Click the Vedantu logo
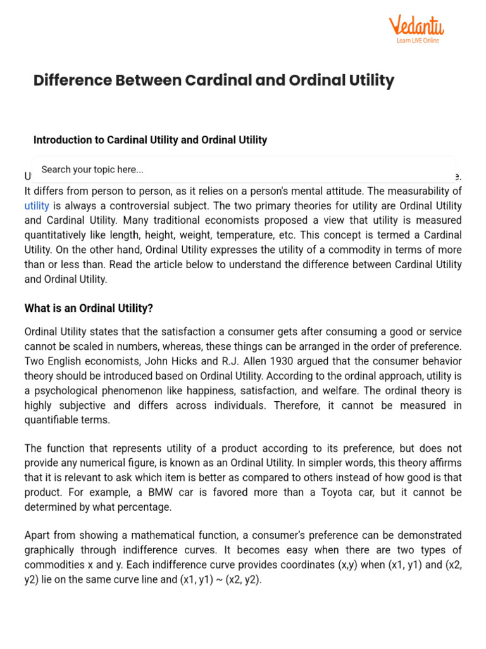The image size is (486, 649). tap(416, 26)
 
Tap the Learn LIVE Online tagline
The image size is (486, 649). tap(417, 41)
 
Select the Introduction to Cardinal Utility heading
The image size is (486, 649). tap(150, 139)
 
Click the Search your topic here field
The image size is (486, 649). tap(243, 169)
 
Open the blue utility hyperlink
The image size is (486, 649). tap(37, 205)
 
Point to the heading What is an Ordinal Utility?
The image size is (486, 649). tap(89, 308)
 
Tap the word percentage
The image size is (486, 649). tap(144, 506)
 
